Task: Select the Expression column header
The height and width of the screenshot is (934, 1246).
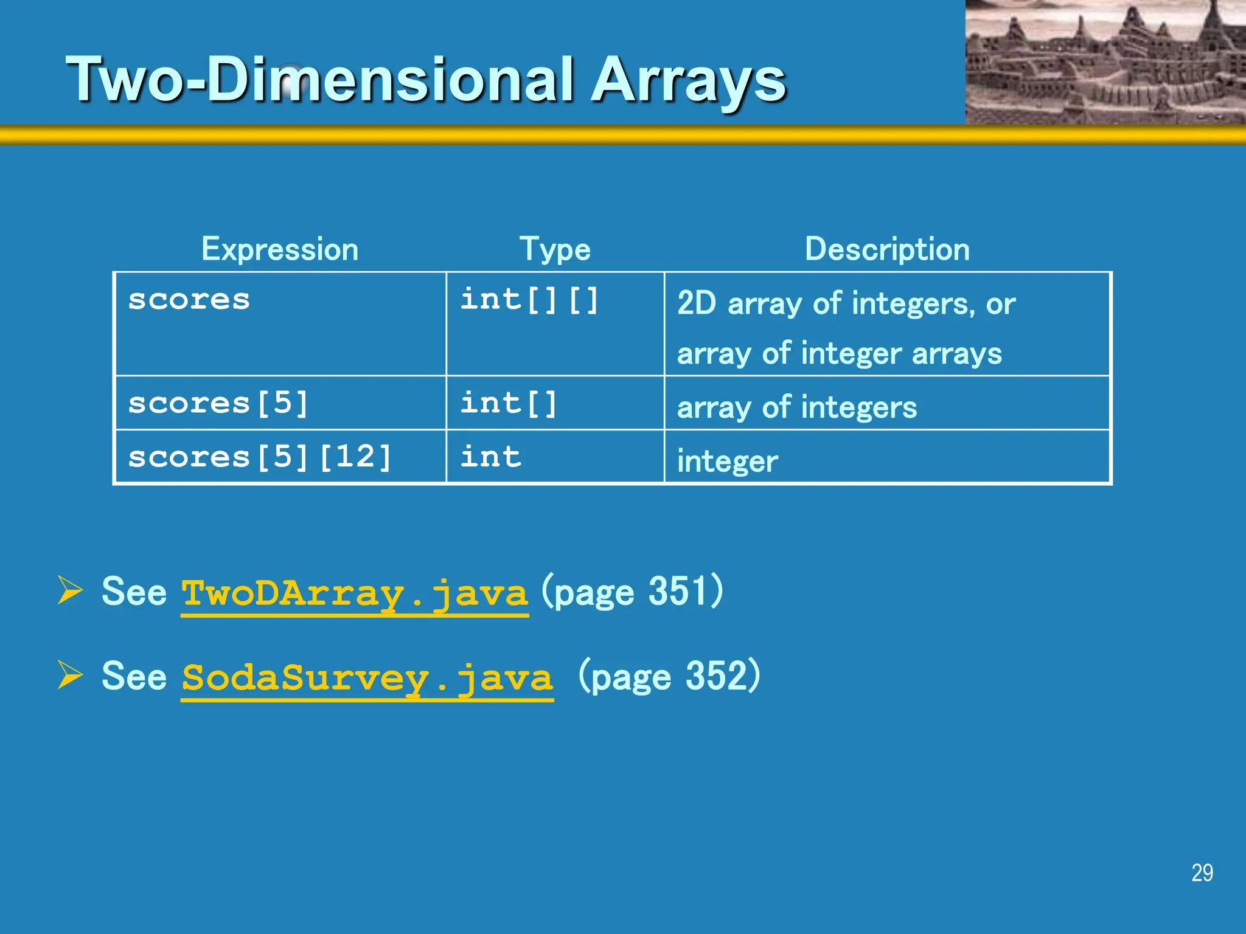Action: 280,249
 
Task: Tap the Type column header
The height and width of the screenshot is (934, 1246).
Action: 554,249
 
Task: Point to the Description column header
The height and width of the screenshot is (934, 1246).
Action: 887,249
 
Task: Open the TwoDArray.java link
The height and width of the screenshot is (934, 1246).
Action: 355,593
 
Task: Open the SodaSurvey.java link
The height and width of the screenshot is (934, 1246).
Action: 367,677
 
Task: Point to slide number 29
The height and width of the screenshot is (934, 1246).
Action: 1202,873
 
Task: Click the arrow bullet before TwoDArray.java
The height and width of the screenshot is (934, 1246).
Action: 70,590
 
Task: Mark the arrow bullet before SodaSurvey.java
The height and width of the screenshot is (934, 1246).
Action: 70,674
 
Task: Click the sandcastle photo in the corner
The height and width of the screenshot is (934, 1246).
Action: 1105,62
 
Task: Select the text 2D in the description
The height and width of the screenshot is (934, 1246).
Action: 697,303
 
